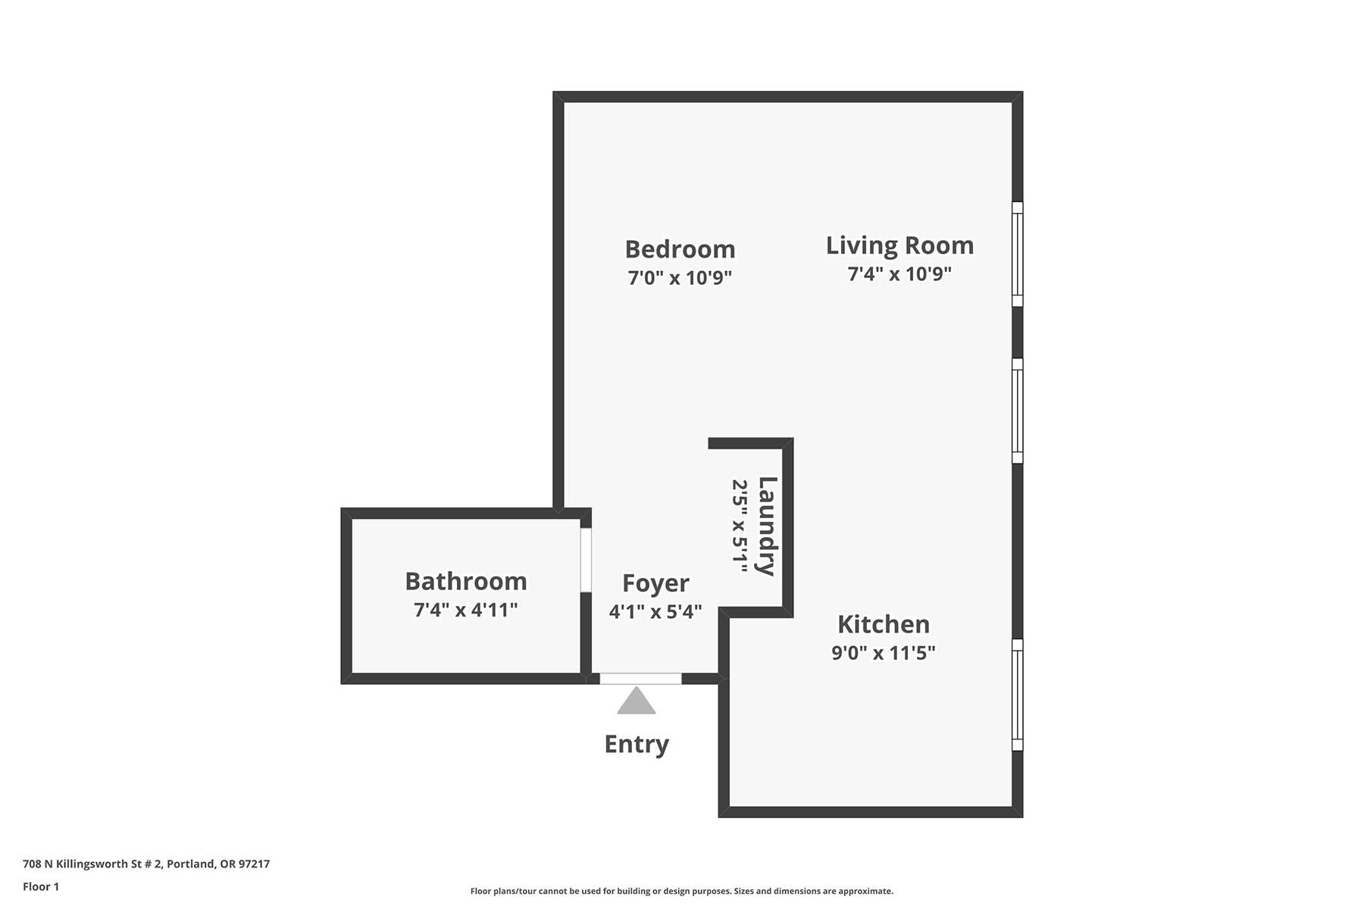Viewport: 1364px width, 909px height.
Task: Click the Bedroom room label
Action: coord(680,249)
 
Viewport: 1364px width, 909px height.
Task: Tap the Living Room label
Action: coord(899,245)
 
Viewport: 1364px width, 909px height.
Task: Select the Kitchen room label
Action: coord(884,624)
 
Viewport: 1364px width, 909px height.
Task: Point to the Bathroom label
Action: coord(466,581)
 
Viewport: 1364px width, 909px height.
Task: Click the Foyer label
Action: coord(655,583)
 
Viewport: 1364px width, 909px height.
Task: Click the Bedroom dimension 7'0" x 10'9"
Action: coord(680,277)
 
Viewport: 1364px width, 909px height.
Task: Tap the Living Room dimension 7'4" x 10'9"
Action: coord(899,273)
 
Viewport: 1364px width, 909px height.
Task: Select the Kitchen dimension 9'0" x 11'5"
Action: coord(884,652)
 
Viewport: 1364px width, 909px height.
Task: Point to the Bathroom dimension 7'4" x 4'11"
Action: coord(466,609)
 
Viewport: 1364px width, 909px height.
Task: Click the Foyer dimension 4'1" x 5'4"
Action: coord(655,611)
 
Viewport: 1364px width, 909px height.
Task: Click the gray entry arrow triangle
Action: coord(637,701)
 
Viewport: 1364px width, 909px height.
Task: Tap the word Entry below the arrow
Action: coord(637,744)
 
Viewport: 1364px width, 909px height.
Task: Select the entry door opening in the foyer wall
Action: coord(640,679)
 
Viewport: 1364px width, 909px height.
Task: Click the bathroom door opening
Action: coord(586,560)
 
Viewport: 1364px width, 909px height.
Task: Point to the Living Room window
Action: coord(1018,254)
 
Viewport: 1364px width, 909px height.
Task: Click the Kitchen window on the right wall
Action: coord(1018,695)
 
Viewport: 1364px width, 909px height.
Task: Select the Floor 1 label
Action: coord(41,886)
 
